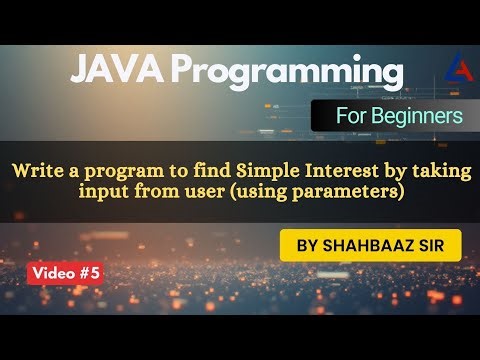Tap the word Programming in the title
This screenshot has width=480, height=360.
(x=285, y=74)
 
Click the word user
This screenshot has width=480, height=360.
(x=198, y=190)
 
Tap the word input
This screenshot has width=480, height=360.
(x=105, y=191)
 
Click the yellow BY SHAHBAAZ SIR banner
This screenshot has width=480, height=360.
(x=366, y=245)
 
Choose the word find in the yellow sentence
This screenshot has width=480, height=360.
(x=173, y=170)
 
